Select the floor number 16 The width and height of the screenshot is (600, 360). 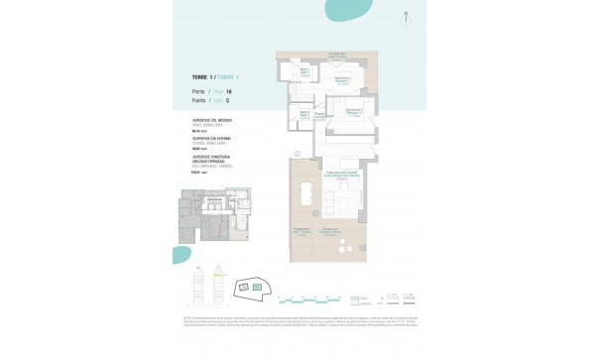tap(229, 91)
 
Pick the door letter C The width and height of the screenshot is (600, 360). tap(229, 100)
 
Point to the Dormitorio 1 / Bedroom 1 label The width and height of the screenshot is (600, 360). tap(342, 78)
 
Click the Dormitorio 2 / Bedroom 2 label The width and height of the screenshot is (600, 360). tap(353, 113)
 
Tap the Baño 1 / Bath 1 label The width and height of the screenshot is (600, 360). tap(305, 71)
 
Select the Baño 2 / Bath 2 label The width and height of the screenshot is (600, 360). tap(305, 114)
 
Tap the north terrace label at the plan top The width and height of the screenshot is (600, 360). tap(337, 54)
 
